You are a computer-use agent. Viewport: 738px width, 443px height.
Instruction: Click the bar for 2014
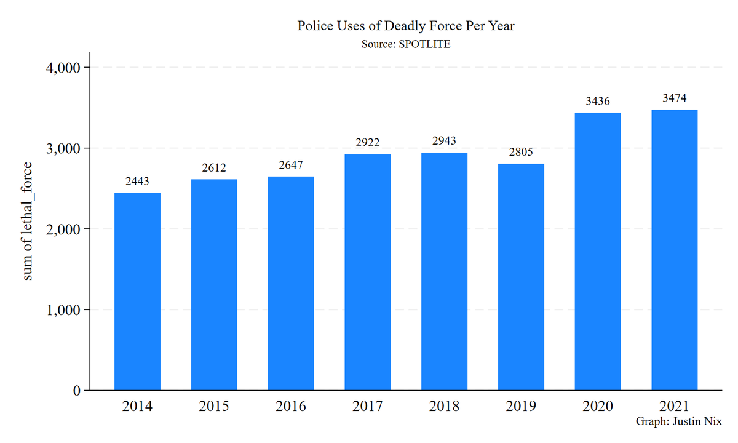tap(137, 291)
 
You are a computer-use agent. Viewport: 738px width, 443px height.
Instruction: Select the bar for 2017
tap(367, 272)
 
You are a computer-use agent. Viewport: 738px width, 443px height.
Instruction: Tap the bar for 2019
tap(521, 277)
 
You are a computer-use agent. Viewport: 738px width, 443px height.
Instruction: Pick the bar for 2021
tap(674, 250)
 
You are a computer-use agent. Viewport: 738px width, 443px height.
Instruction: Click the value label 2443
tap(137, 182)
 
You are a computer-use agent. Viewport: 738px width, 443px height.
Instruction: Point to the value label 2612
tap(214, 168)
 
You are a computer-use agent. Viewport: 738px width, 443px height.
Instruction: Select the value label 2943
tap(444, 141)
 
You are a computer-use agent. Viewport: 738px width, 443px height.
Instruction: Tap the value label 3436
tap(597, 101)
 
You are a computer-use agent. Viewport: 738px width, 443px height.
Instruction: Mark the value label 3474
tap(674, 98)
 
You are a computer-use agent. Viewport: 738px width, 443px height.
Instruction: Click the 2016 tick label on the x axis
tap(291, 407)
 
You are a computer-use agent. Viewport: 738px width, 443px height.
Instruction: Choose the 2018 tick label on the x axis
tap(444, 407)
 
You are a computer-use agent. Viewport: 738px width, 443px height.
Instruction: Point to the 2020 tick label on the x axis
tap(597, 407)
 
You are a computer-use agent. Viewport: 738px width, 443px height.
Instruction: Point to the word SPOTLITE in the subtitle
tap(421, 44)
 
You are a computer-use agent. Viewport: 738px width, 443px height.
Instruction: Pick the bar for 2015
tap(214, 284)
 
